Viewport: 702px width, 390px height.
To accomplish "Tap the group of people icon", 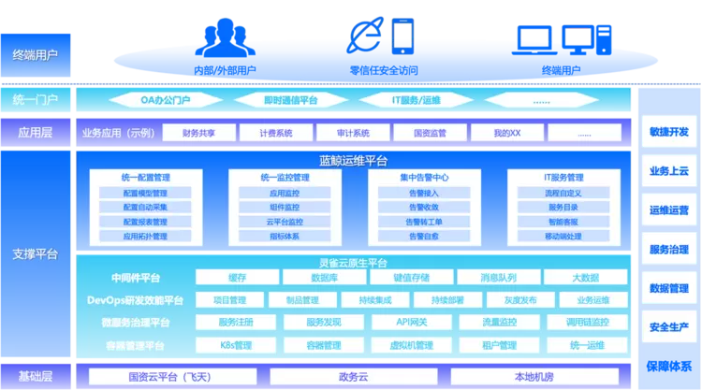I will (226, 35).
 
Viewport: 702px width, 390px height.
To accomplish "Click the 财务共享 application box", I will (198, 133).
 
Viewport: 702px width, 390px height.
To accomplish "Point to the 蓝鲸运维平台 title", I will (353, 160).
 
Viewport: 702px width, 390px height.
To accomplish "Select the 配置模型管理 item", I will (144, 194).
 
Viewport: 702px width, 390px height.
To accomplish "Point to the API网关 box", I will (411, 323).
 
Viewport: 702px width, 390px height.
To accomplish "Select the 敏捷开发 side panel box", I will (668, 132).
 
